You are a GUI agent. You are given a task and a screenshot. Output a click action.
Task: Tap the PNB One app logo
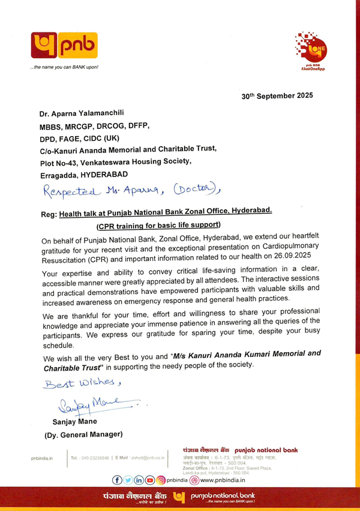[308, 47]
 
